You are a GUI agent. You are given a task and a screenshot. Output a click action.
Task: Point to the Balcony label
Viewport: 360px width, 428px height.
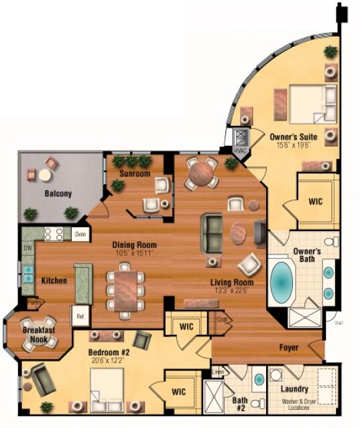point(58,194)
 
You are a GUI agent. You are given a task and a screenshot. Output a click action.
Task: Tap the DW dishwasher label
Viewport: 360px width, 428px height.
point(27,248)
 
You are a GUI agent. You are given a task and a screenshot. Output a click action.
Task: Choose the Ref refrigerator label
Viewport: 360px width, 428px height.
point(80,315)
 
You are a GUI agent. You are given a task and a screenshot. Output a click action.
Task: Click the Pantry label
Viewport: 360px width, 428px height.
point(32,303)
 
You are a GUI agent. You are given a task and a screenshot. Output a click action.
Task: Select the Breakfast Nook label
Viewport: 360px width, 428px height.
point(38,334)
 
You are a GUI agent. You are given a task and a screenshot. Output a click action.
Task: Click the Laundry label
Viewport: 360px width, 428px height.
point(294,389)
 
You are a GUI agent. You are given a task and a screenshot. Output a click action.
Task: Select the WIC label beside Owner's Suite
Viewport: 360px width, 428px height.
point(316,201)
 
